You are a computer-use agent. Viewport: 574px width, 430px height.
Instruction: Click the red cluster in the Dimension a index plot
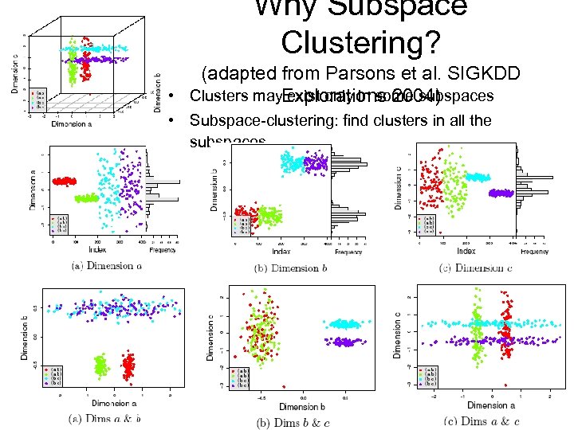pyautogui.click(x=64, y=182)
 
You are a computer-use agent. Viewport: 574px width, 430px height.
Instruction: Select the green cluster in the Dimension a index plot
pyautogui.click(x=85, y=198)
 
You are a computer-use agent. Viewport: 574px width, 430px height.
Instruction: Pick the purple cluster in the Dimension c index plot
pyautogui.click(x=501, y=193)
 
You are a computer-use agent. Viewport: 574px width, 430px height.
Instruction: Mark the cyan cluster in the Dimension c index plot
pyautogui.click(x=478, y=178)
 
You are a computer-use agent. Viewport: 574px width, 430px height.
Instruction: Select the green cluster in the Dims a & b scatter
pyautogui.click(x=101, y=366)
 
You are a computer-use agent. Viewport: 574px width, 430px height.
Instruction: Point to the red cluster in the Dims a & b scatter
pyautogui.click(x=128, y=366)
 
